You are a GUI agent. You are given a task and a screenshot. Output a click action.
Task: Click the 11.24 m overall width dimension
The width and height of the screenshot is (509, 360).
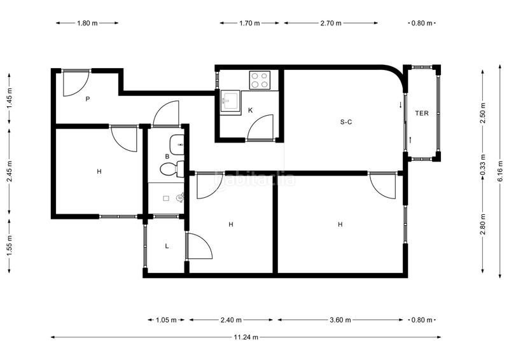point(246,337)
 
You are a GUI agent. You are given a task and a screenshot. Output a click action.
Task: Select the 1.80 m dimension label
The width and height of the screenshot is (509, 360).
point(87,23)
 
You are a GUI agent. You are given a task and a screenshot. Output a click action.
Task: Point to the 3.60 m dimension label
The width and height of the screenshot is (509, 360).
point(340,320)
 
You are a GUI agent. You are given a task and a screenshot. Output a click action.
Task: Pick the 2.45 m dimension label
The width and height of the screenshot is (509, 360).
point(10,171)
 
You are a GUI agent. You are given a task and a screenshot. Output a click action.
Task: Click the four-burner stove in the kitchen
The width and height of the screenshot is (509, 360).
point(260,80)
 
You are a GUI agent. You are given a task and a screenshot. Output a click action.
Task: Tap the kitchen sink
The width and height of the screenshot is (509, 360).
point(230,101)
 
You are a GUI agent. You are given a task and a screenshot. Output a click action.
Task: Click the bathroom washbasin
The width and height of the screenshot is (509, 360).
point(177,144)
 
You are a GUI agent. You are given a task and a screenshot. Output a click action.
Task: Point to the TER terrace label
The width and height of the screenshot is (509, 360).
point(422,113)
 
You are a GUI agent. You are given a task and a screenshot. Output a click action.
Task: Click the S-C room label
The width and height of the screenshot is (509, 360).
point(346,122)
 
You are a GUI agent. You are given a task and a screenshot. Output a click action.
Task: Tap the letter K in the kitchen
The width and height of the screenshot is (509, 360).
point(250,111)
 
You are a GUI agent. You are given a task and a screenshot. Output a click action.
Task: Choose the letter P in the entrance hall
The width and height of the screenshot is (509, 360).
point(88,99)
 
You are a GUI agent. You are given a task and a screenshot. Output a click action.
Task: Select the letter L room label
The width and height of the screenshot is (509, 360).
point(167,246)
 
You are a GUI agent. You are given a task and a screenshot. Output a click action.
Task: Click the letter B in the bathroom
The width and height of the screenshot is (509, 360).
point(167,156)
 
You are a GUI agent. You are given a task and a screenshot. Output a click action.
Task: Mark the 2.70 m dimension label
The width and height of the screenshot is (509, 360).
point(331,23)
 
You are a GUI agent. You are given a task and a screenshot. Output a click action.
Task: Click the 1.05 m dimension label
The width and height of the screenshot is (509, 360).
point(166,320)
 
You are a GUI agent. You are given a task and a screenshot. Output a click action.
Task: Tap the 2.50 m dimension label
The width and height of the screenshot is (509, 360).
point(483,113)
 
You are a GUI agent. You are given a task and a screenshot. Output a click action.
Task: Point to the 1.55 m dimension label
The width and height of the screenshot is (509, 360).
point(10,246)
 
